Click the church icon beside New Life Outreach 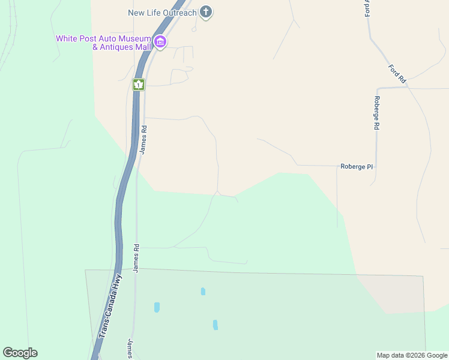coord(206,12)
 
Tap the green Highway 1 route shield coord(139,85)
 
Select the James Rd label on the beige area coord(143,139)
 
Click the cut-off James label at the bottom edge coord(130,349)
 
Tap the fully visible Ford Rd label coord(397,73)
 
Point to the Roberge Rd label coord(377,113)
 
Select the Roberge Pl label coord(357,167)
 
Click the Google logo coord(20,353)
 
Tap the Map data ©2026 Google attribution coord(412,355)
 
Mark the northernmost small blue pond coord(203,292)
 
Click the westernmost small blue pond coord(157,307)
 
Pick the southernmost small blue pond coord(215,325)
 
